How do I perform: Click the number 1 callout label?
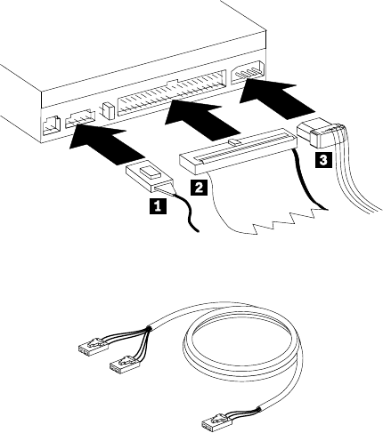(158, 205)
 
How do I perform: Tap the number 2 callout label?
(199, 187)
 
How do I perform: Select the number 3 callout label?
(323, 160)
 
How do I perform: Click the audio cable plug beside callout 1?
(150, 176)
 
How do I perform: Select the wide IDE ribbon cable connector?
(238, 150)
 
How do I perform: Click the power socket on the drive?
(247, 73)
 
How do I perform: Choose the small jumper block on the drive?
(107, 110)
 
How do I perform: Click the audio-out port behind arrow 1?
(80, 119)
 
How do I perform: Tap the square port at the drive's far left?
(52, 126)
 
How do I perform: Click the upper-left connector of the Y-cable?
(92, 345)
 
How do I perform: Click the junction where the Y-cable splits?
(148, 328)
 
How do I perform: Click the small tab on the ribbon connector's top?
(233, 141)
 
